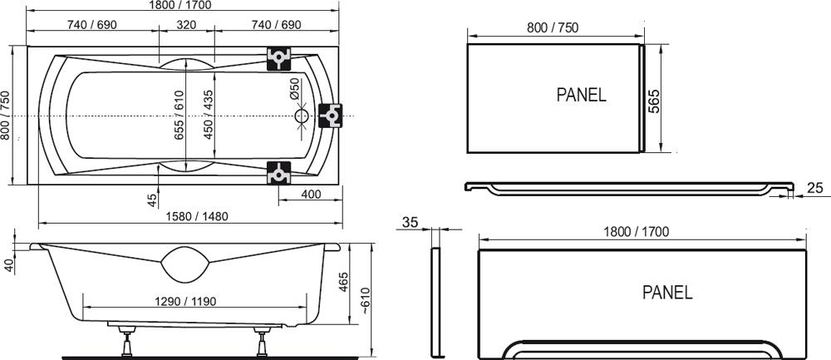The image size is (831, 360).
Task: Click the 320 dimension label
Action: pos(186,25)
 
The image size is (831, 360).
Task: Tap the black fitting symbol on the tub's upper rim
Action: pos(278,58)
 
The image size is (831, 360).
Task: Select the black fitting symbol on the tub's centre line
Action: pos(331,116)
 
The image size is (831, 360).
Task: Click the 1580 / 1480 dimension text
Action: pos(197,216)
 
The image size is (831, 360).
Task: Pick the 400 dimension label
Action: pos(311,194)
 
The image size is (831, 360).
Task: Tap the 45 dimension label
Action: pos(152,200)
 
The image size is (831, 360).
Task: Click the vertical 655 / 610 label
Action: pos(179,115)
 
